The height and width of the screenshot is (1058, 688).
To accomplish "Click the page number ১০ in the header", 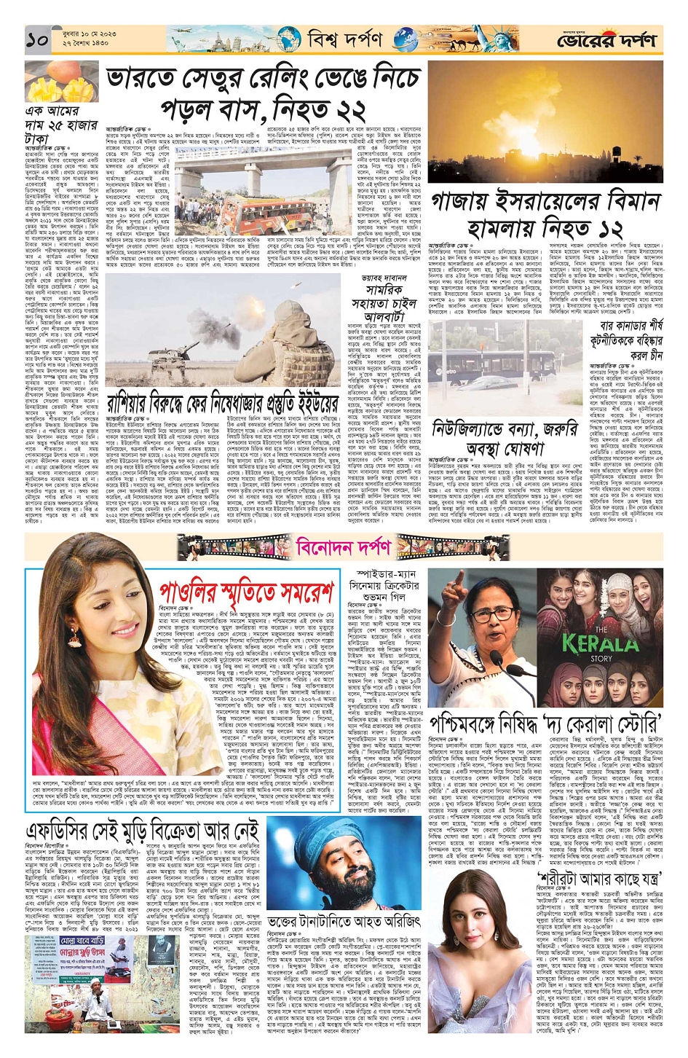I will pos(36,41).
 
